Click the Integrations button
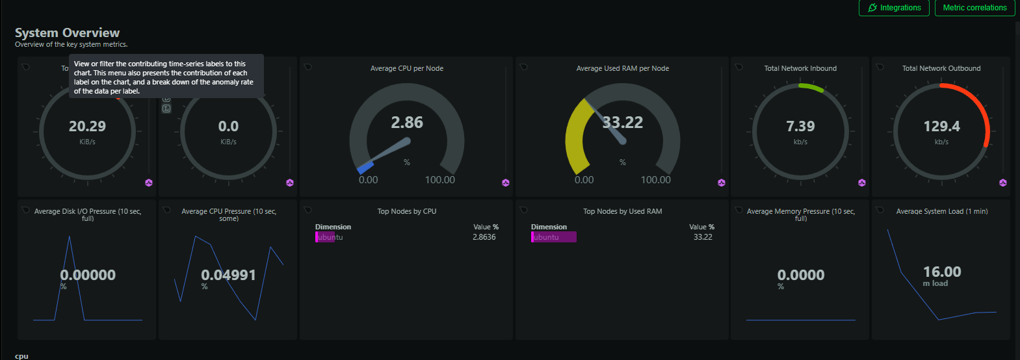point(894,8)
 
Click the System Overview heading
point(67,32)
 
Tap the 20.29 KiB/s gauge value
point(87,127)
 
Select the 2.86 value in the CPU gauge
point(407,123)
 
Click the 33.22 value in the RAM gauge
point(623,123)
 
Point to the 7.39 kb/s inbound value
point(800,127)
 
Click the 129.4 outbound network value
point(941,127)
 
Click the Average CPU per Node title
point(407,68)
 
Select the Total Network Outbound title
point(941,68)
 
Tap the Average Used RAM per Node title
point(623,68)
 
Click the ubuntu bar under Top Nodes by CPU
point(325,237)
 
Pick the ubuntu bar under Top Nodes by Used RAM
point(553,237)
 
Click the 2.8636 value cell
point(484,237)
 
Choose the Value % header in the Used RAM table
point(701,227)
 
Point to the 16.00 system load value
point(942,272)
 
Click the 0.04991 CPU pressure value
point(228,276)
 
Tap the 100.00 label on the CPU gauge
point(440,180)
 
